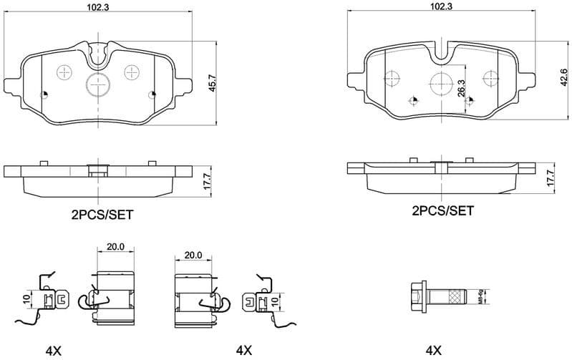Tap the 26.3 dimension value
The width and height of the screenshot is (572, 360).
[462, 88]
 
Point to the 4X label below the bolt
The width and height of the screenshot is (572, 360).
[433, 350]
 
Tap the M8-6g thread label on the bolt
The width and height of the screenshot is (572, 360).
[479, 296]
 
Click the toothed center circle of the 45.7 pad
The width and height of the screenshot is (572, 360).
[97, 84]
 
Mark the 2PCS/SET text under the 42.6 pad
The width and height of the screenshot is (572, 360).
[442, 210]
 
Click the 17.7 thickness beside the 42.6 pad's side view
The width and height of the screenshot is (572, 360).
[550, 177]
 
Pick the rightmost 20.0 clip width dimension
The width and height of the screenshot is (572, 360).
[193, 255]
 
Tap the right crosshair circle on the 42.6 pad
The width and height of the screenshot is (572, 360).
[490, 78]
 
